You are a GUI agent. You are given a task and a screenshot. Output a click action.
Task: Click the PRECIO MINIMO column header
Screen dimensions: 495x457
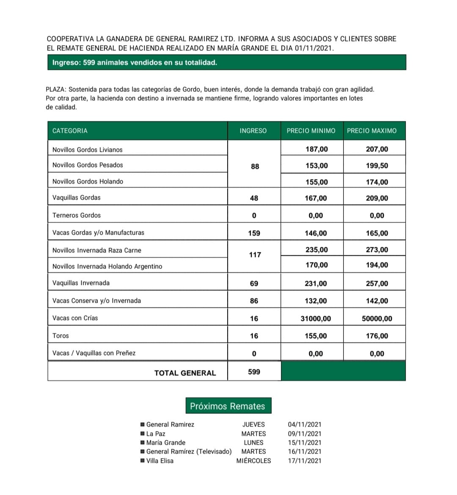point(311,131)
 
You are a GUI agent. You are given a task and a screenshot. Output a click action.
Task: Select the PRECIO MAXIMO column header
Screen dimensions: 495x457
point(372,131)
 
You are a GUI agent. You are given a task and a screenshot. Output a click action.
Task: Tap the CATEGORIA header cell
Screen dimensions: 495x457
point(70,131)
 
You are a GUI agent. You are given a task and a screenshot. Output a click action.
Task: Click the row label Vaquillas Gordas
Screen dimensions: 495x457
point(77,198)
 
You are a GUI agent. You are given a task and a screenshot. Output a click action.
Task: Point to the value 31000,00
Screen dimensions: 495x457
point(316,319)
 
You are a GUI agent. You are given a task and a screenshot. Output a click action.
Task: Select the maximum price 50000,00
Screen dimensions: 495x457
point(377,319)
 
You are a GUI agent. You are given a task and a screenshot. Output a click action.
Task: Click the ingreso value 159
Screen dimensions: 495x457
point(254,233)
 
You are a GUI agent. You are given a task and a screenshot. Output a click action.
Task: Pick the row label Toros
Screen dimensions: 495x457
point(61,336)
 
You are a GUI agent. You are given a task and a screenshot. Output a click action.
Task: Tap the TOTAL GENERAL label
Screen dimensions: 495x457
point(185,373)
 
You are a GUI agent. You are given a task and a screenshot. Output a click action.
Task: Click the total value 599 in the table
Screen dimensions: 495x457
point(254,372)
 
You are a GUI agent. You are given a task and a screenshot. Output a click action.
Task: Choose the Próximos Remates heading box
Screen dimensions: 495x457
point(228,406)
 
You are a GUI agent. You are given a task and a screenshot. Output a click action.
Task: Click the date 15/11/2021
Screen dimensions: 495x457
point(305,443)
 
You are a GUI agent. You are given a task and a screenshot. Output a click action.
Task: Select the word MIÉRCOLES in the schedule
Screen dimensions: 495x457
point(253,461)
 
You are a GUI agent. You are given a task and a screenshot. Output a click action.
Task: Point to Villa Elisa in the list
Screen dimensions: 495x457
point(160,461)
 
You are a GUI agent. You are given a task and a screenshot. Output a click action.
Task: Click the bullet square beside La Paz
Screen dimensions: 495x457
point(143,434)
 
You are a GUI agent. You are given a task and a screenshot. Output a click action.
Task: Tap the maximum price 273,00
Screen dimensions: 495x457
point(377,250)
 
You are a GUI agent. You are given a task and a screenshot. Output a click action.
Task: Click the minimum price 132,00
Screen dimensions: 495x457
point(316,301)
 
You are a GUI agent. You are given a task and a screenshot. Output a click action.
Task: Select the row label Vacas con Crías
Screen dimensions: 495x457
point(75,318)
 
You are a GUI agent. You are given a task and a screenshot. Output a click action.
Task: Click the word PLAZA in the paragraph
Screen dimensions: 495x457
point(55,90)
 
